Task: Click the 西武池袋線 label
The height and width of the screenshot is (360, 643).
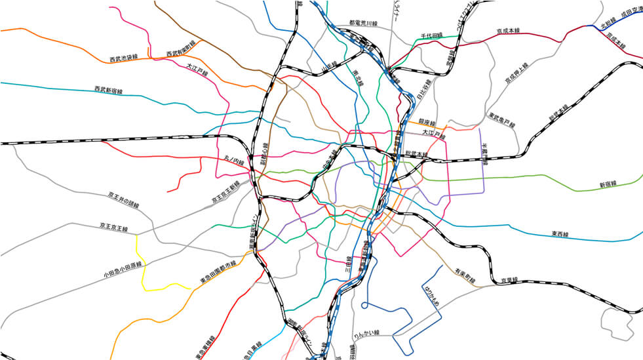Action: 123,58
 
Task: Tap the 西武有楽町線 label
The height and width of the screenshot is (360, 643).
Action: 181,49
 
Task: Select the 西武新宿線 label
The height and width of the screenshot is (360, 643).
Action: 108,89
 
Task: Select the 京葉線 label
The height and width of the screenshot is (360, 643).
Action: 509,280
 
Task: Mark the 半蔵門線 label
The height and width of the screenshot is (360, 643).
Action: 485,155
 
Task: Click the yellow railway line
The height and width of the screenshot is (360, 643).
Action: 142,269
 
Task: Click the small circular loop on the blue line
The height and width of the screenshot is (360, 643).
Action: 364,305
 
